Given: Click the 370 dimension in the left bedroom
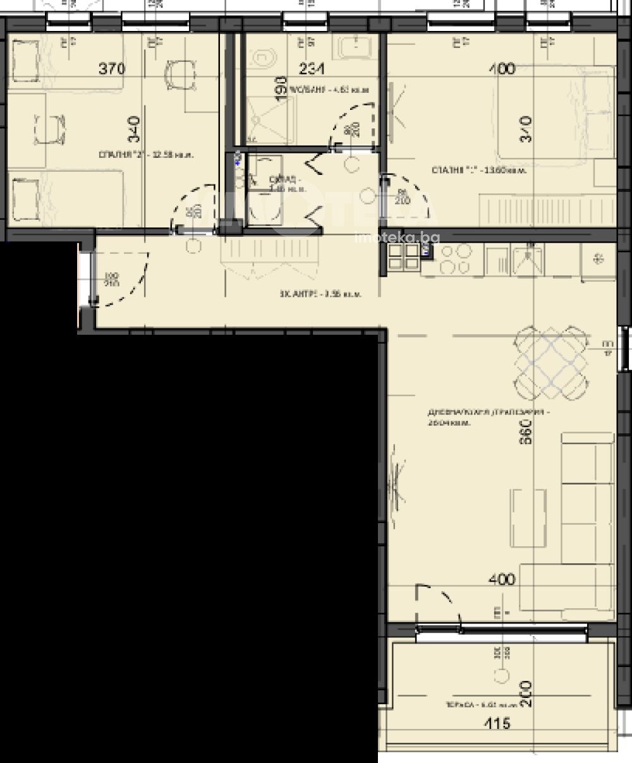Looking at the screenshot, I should (x=112, y=69).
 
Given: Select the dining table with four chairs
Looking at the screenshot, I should (x=551, y=364).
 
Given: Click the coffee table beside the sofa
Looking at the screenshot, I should (x=528, y=518).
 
